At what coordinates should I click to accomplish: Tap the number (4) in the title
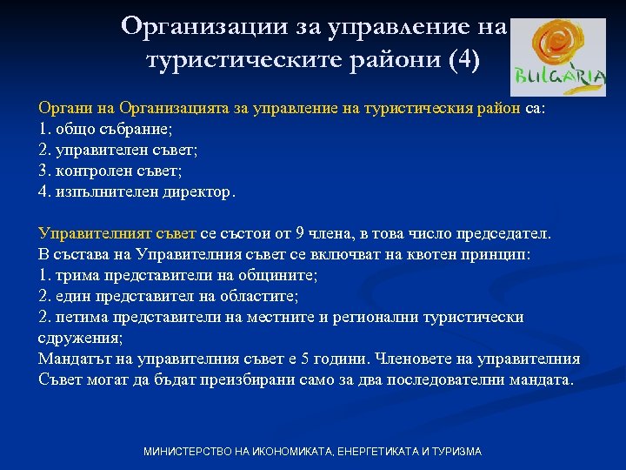click(x=461, y=62)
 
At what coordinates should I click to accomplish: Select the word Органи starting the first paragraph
click(x=62, y=108)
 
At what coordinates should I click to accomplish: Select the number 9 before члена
click(x=302, y=234)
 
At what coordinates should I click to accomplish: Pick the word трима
click(x=74, y=276)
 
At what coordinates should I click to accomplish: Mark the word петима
click(x=78, y=318)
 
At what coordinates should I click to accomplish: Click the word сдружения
click(x=79, y=339)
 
